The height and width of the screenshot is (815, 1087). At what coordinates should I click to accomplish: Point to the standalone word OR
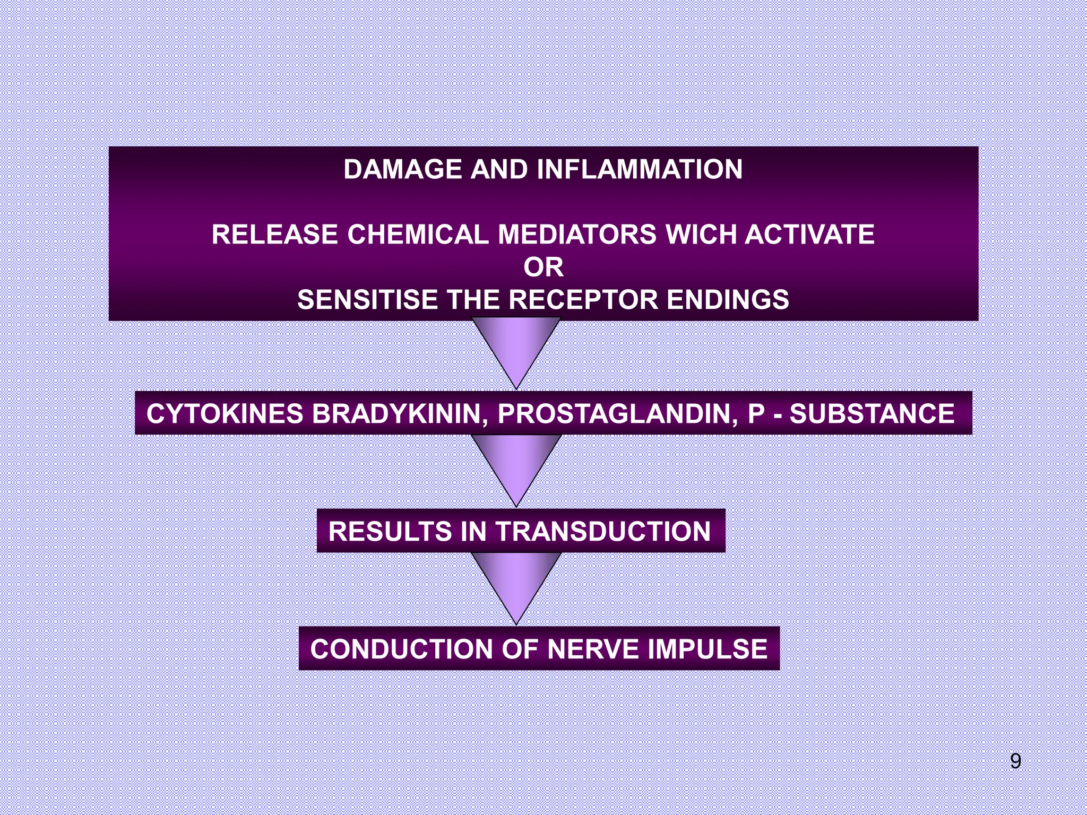tap(543, 267)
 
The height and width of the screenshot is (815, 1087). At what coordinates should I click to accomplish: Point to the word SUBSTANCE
tap(872, 414)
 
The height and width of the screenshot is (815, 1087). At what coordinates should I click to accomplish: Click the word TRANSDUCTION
tap(602, 532)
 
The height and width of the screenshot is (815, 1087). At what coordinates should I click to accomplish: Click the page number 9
tap(1015, 761)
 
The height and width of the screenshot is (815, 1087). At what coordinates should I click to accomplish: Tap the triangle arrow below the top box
tap(516, 345)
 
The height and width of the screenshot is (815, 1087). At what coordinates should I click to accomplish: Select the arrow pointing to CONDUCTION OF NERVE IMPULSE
tap(516, 580)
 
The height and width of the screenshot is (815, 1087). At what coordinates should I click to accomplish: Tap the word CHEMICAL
tap(418, 235)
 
